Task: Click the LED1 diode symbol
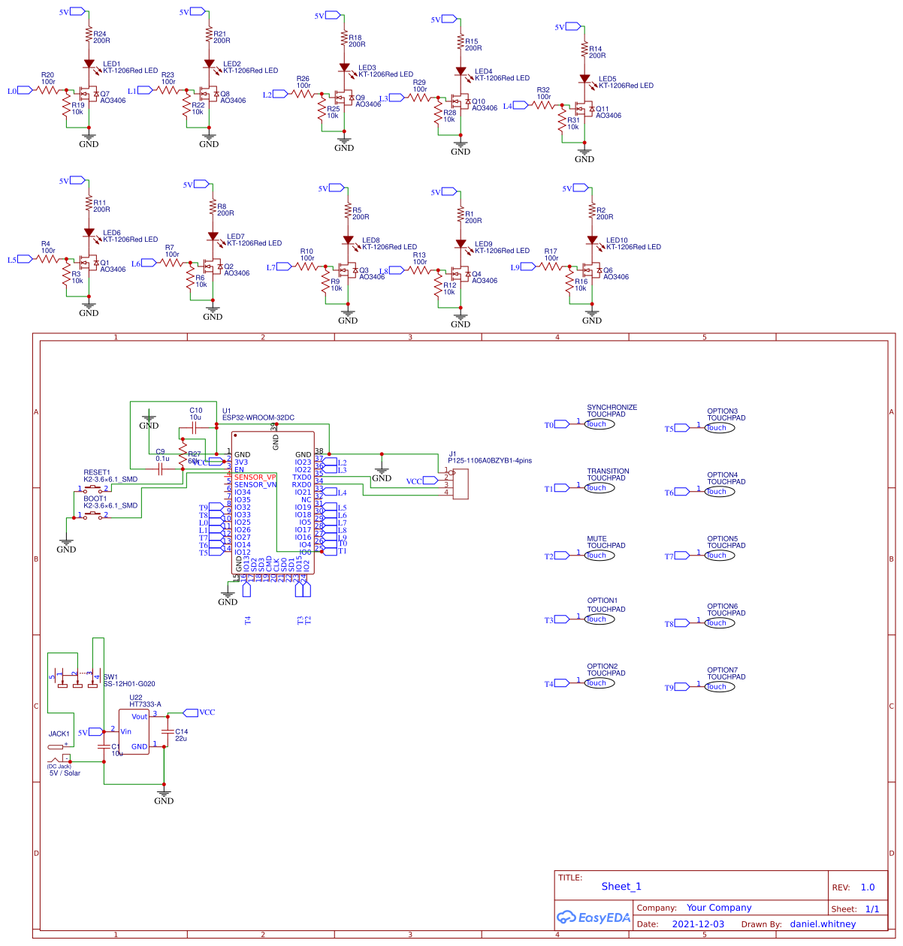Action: coord(89,65)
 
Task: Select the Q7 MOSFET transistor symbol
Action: coord(87,95)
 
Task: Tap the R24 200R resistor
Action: coord(89,37)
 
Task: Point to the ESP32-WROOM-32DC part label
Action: coord(258,417)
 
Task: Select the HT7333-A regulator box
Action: coord(134,731)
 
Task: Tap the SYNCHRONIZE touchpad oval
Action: coord(599,424)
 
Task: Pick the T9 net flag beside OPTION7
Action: coord(680,687)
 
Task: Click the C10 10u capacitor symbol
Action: coord(195,427)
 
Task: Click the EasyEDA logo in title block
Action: coord(593,917)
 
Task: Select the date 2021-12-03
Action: coord(698,924)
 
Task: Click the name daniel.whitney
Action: coord(823,924)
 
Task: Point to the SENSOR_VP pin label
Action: coord(255,478)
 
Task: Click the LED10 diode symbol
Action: coord(592,241)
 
